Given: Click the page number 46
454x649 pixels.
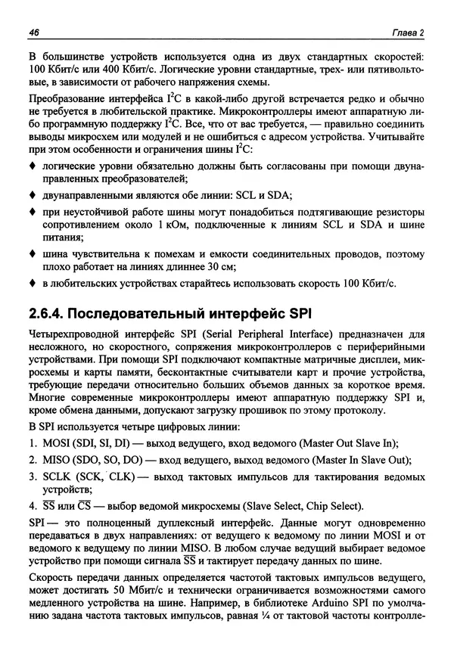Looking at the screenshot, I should click(33, 31).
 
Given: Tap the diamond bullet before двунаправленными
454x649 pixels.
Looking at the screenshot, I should click(32, 194).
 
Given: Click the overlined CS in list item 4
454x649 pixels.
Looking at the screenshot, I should click(86, 507).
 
